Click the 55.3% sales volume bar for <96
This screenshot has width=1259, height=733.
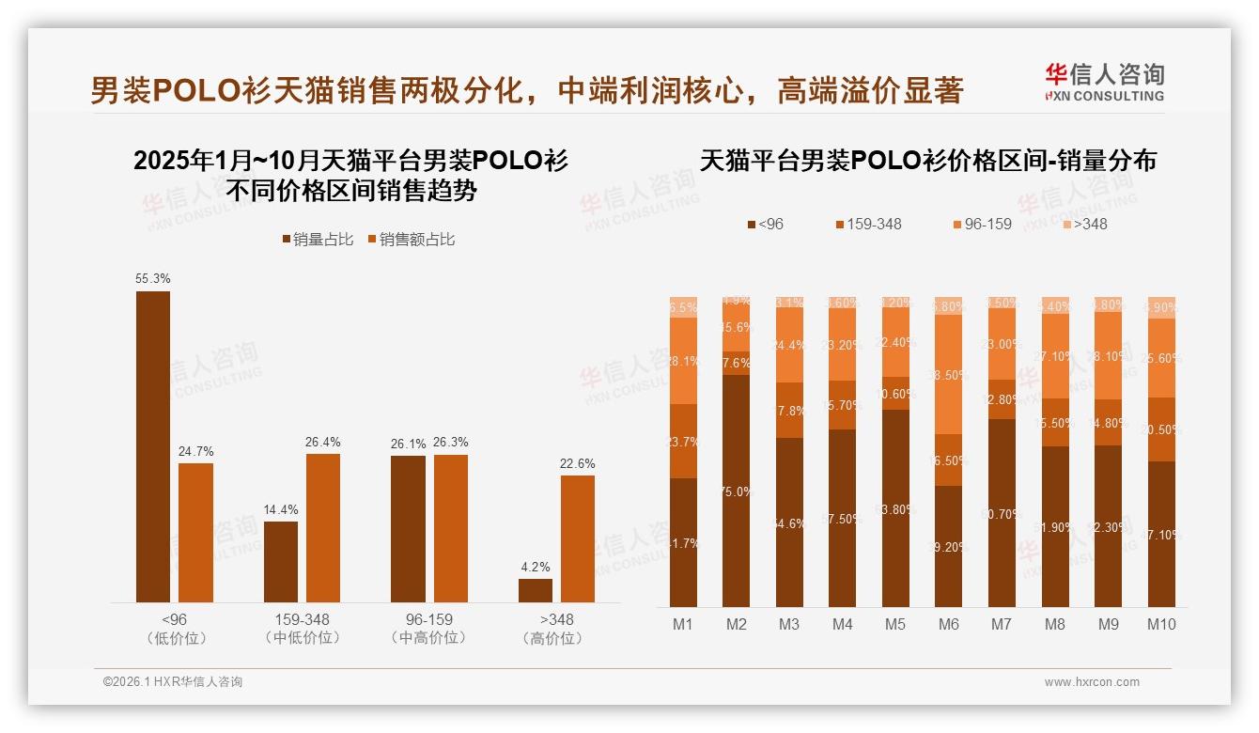153,446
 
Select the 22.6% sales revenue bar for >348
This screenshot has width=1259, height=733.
578,538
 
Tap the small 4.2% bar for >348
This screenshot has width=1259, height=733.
536,590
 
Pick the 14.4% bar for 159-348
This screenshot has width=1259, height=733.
281,561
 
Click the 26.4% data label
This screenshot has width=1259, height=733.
323,442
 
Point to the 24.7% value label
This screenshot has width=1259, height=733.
195,451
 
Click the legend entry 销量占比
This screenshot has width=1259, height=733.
318,240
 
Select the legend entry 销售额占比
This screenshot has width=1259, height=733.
411,240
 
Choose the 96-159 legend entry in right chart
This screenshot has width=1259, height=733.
982,224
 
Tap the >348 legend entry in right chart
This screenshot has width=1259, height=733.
1084,224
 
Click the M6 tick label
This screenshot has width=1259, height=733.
948,624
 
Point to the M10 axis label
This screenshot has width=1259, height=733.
1160,624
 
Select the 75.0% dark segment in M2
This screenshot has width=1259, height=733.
736,491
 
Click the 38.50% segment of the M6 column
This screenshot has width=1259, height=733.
948,374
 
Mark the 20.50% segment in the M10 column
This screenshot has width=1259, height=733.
1161,429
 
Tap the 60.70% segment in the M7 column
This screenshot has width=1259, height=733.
1002,512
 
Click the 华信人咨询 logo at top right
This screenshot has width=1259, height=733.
1104,82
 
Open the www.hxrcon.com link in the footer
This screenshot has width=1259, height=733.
1092,682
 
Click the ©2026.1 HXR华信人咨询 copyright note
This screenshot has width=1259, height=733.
173,682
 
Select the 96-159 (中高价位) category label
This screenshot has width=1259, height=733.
429,629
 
